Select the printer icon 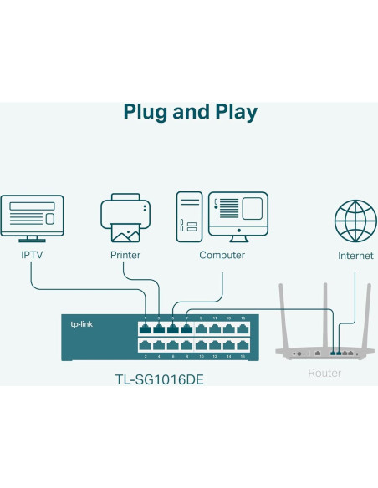(125, 217)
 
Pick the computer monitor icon (238, 213)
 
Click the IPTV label (32, 255)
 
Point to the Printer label (125, 255)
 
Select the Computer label (222, 255)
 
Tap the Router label (324, 373)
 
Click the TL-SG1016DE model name (159, 379)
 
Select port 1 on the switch (146, 328)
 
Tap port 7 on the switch (186, 328)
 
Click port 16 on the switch (242, 345)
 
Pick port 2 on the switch (146, 345)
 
